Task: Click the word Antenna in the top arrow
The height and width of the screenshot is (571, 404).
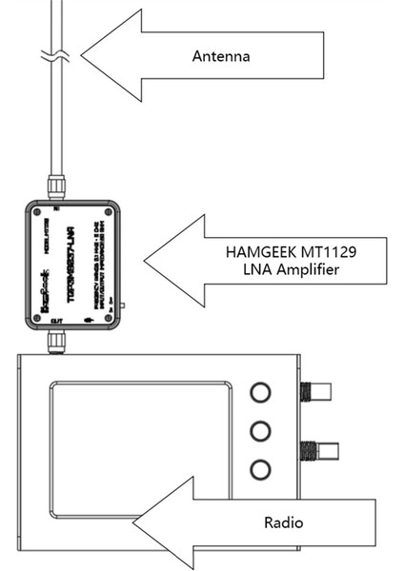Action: point(220,56)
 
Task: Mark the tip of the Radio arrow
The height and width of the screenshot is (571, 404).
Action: point(133,522)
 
